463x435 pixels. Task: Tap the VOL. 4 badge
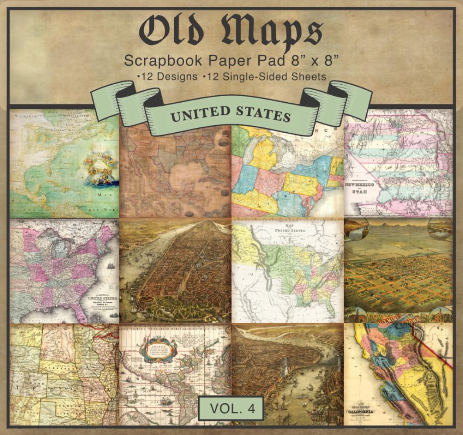coord(230,408)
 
